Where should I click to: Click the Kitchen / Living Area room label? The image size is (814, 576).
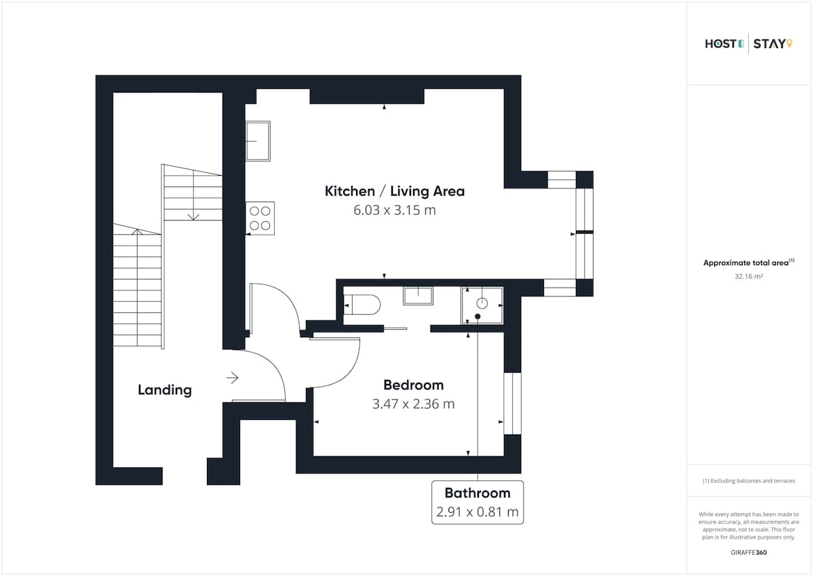click(x=395, y=191)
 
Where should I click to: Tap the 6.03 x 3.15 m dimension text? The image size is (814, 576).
click(x=395, y=210)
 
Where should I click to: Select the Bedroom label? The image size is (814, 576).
click(x=414, y=385)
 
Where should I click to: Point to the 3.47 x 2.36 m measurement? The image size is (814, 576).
click(x=414, y=404)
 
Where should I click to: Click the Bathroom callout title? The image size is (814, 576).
click(x=478, y=493)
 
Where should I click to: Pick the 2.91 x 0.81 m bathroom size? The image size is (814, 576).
click(x=478, y=512)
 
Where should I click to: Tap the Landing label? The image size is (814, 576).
click(x=165, y=390)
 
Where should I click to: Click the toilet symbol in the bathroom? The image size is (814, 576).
click(x=362, y=305)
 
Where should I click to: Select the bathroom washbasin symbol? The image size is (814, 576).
click(x=418, y=296)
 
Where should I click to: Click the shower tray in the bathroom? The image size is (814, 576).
click(x=482, y=305)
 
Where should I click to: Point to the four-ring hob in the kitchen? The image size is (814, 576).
click(x=260, y=218)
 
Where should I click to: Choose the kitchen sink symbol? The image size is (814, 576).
click(x=258, y=141)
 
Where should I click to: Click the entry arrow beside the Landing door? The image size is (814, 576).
click(x=232, y=378)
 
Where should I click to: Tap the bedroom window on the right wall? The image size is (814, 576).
click(x=512, y=404)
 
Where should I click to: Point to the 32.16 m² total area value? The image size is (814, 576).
click(x=749, y=277)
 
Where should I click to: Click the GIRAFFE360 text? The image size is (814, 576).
click(x=749, y=553)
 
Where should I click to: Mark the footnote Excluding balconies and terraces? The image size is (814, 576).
click(x=749, y=481)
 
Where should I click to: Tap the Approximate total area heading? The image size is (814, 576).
click(x=749, y=263)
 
